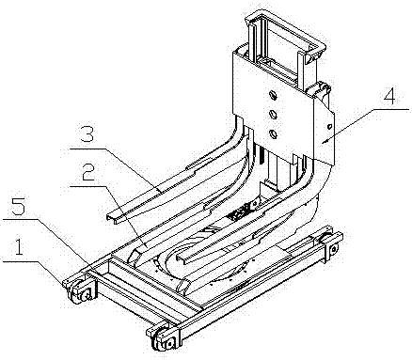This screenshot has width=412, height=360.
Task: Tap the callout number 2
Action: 87,172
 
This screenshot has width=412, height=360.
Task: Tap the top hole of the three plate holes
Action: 274,96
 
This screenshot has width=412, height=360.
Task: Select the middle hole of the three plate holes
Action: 274,114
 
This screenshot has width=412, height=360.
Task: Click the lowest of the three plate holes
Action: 274,133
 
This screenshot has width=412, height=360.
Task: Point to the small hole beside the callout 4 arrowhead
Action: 329,127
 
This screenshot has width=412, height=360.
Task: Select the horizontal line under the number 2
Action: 87,186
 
